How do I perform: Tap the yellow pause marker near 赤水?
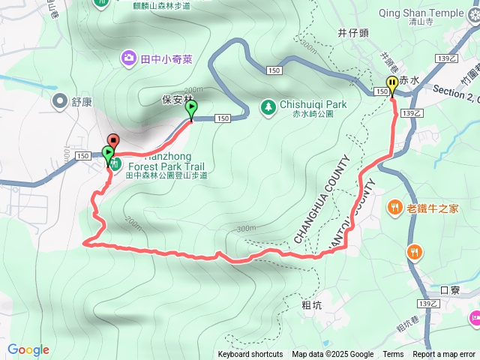coord(391,84)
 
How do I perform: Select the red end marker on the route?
coord(113,140)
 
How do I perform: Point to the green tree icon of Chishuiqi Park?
coord(268,107)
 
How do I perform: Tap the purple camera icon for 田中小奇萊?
coord(129,57)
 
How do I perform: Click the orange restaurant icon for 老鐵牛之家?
coord(394,208)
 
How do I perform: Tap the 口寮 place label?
coord(449,289)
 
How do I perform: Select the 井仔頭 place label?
coord(352,32)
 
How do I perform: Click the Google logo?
coord(28,349)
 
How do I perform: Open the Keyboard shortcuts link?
coord(250,355)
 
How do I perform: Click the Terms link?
coord(393,355)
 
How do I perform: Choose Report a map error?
coord(445,355)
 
